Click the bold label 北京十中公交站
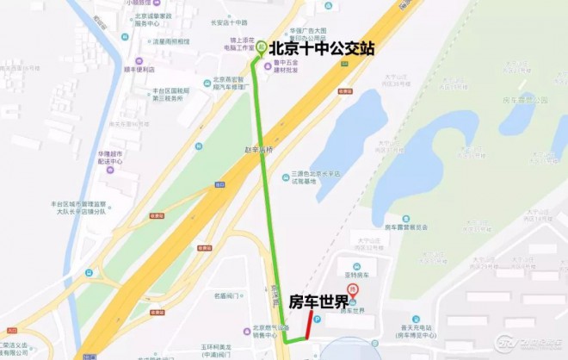pyautogui.click(x=323, y=48)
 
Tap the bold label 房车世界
pyautogui.click(x=319, y=301)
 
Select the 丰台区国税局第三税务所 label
pyautogui.click(x=163, y=94)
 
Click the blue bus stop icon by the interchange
pyautogui.click(x=89, y=273)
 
